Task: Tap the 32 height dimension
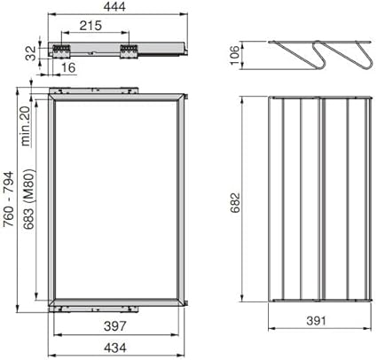point(29,52)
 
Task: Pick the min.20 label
point(26,125)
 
